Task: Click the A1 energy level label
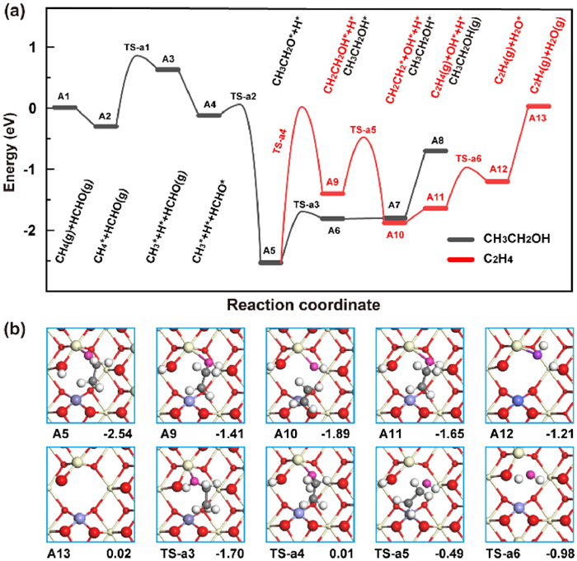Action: [x=64, y=97]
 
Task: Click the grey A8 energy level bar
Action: [x=434, y=151]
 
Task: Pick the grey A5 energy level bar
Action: [x=270, y=262]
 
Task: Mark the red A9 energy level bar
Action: [x=333, y=193]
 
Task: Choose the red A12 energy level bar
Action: [x=497, y=181]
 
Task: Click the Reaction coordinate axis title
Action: [x=291, y=304]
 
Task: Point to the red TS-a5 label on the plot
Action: [x=363, y=129]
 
